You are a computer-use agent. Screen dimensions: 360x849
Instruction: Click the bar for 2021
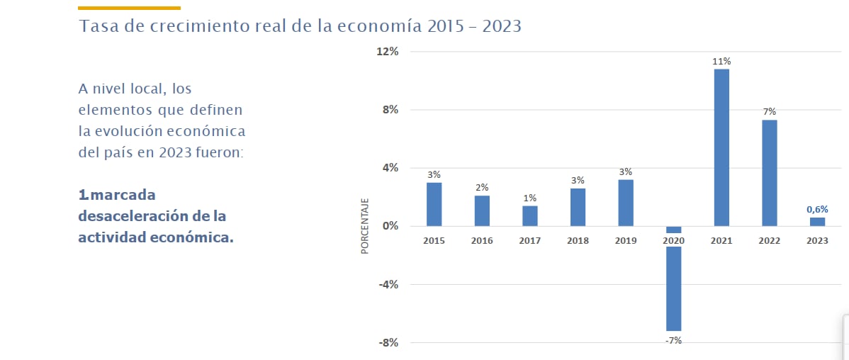click(721, 147)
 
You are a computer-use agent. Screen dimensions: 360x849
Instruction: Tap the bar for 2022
click(770, 173)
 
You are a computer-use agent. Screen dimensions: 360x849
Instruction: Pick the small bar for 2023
click(817, 222)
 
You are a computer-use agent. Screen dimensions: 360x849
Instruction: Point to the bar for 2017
click(530, 216)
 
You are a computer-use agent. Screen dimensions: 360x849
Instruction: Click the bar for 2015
click(434, 205)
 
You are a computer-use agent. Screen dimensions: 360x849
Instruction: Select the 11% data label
click(721, 62)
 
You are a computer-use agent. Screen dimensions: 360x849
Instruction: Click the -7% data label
click(673, 341)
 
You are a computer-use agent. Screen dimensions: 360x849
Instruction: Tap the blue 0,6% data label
click(817, 209)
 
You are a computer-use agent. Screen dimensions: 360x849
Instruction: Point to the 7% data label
click(770, 111)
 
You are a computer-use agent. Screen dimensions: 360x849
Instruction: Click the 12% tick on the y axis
click(389, 52)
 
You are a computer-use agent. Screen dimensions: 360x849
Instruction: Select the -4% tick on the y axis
click(389, 285)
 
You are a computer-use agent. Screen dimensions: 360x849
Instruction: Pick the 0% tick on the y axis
click(392, 227)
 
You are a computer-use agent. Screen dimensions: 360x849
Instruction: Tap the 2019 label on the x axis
click(626, 241)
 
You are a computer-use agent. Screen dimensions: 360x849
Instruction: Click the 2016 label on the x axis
click(482, 241)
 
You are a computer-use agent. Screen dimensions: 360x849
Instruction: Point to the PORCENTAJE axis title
click(365, 226)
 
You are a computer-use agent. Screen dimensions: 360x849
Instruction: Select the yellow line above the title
click(129, 8)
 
